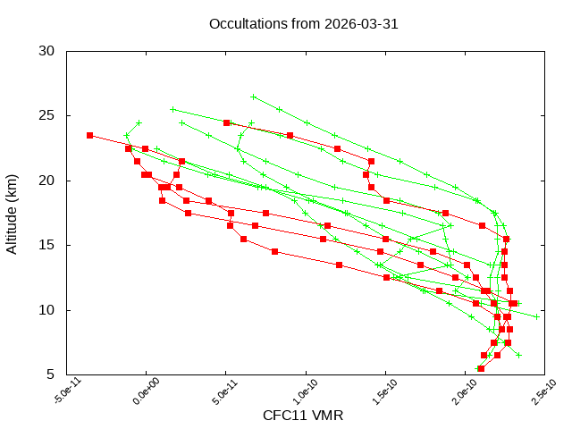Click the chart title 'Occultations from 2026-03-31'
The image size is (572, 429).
tap(303, 24)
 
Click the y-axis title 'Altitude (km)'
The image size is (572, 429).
tap(13, 213)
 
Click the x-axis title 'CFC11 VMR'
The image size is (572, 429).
tap(303, 416)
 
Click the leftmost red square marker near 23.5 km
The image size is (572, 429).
tap(89, 135)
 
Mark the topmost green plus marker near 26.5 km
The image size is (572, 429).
tap(253, 97)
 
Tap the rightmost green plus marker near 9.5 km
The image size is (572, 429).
tap(537, 316)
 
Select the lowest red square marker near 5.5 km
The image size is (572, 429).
tap(481, 368)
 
